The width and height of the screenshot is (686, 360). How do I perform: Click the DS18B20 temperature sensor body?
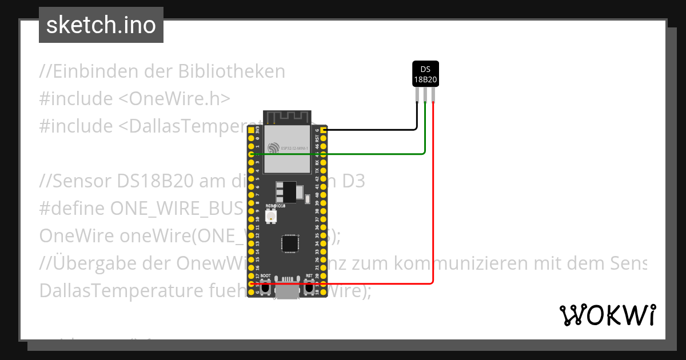425,74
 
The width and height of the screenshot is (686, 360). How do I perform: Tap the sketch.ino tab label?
101,25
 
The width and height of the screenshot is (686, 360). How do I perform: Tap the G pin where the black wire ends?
324,130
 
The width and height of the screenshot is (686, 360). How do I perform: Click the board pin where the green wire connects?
252,154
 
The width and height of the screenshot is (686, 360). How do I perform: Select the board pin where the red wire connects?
252,283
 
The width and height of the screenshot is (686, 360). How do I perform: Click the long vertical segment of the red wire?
433,194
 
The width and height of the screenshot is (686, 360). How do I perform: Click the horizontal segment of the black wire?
372,130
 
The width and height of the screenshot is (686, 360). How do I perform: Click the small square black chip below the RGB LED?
290,243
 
